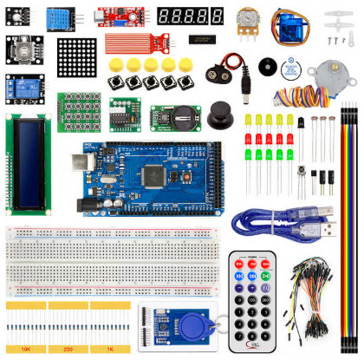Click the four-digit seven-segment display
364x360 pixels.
(x=189, y=16)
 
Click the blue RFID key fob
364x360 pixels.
(x=192, y=328)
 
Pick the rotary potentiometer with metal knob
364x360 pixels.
(x=251, y=22)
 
